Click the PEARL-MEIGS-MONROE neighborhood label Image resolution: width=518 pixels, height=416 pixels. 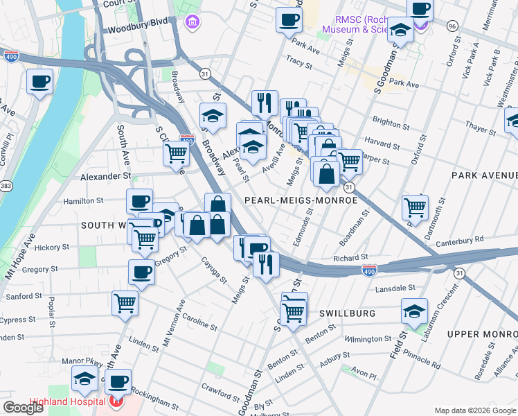301,200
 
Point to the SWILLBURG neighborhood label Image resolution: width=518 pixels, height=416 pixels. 347,313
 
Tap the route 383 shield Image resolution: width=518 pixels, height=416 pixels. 6,187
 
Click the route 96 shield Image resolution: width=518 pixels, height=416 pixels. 452,26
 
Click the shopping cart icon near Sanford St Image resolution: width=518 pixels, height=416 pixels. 125,302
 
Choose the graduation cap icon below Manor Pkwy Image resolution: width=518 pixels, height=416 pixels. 84,379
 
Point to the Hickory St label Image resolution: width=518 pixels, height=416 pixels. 51,247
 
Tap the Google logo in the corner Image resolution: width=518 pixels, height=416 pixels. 24,408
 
